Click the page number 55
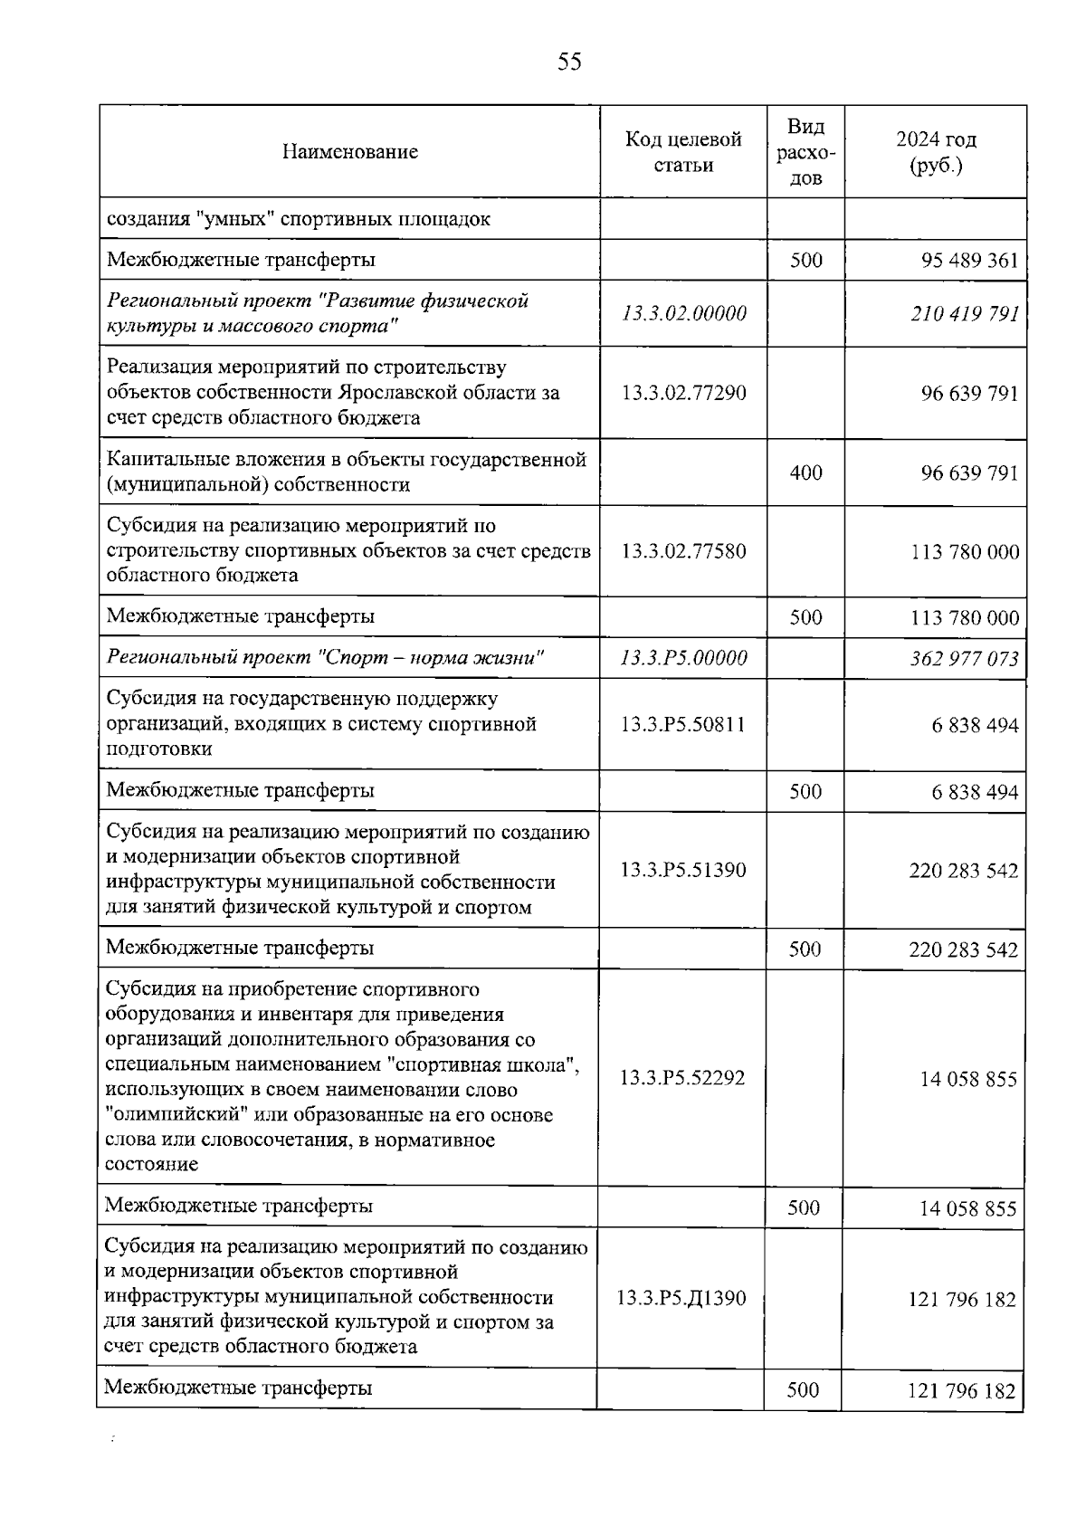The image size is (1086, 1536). pyautogui.click(x=569, y=62)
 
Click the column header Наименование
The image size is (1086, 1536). pyautogui.click(x=349, y=151)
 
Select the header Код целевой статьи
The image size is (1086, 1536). pyautogui.click(x=683, y=151)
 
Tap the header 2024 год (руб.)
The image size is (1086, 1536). pyautogui.click(x=936, y=151)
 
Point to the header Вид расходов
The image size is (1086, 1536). pyautogui.click(x=805, y=151)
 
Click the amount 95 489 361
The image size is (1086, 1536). pyautogui.click(x=969, y=261)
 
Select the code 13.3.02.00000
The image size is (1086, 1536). pyautogui.click(x=684, y=313)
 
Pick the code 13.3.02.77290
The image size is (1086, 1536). pyautogui.click(x=684, y=393)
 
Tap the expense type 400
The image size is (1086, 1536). pyautogui.click(x=805, y=472)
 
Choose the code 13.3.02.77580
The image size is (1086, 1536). pyautogui.click(x=684, y=550)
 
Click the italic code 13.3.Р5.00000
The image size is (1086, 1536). pyautogui.click(x=684, y=658)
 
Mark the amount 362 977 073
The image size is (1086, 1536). pyautogui.click(x=964, y=659)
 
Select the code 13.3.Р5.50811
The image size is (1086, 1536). pyautogui.click(x=683, y=724)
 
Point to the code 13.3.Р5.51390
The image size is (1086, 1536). pyautogui.click(x=683, y=870)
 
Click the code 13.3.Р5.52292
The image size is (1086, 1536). pyautogui.click(x=682, y=1078)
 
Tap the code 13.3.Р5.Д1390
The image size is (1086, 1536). pyautogui.click(x=681, y=1298)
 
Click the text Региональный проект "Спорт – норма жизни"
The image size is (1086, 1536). pyautogui.click(x=326, y=658)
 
